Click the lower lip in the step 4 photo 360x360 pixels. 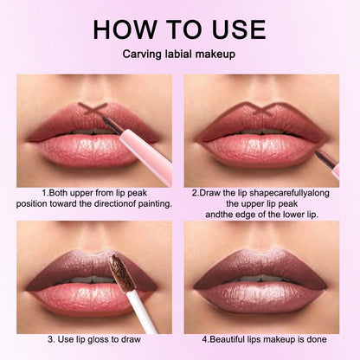(x=263, y=299)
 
